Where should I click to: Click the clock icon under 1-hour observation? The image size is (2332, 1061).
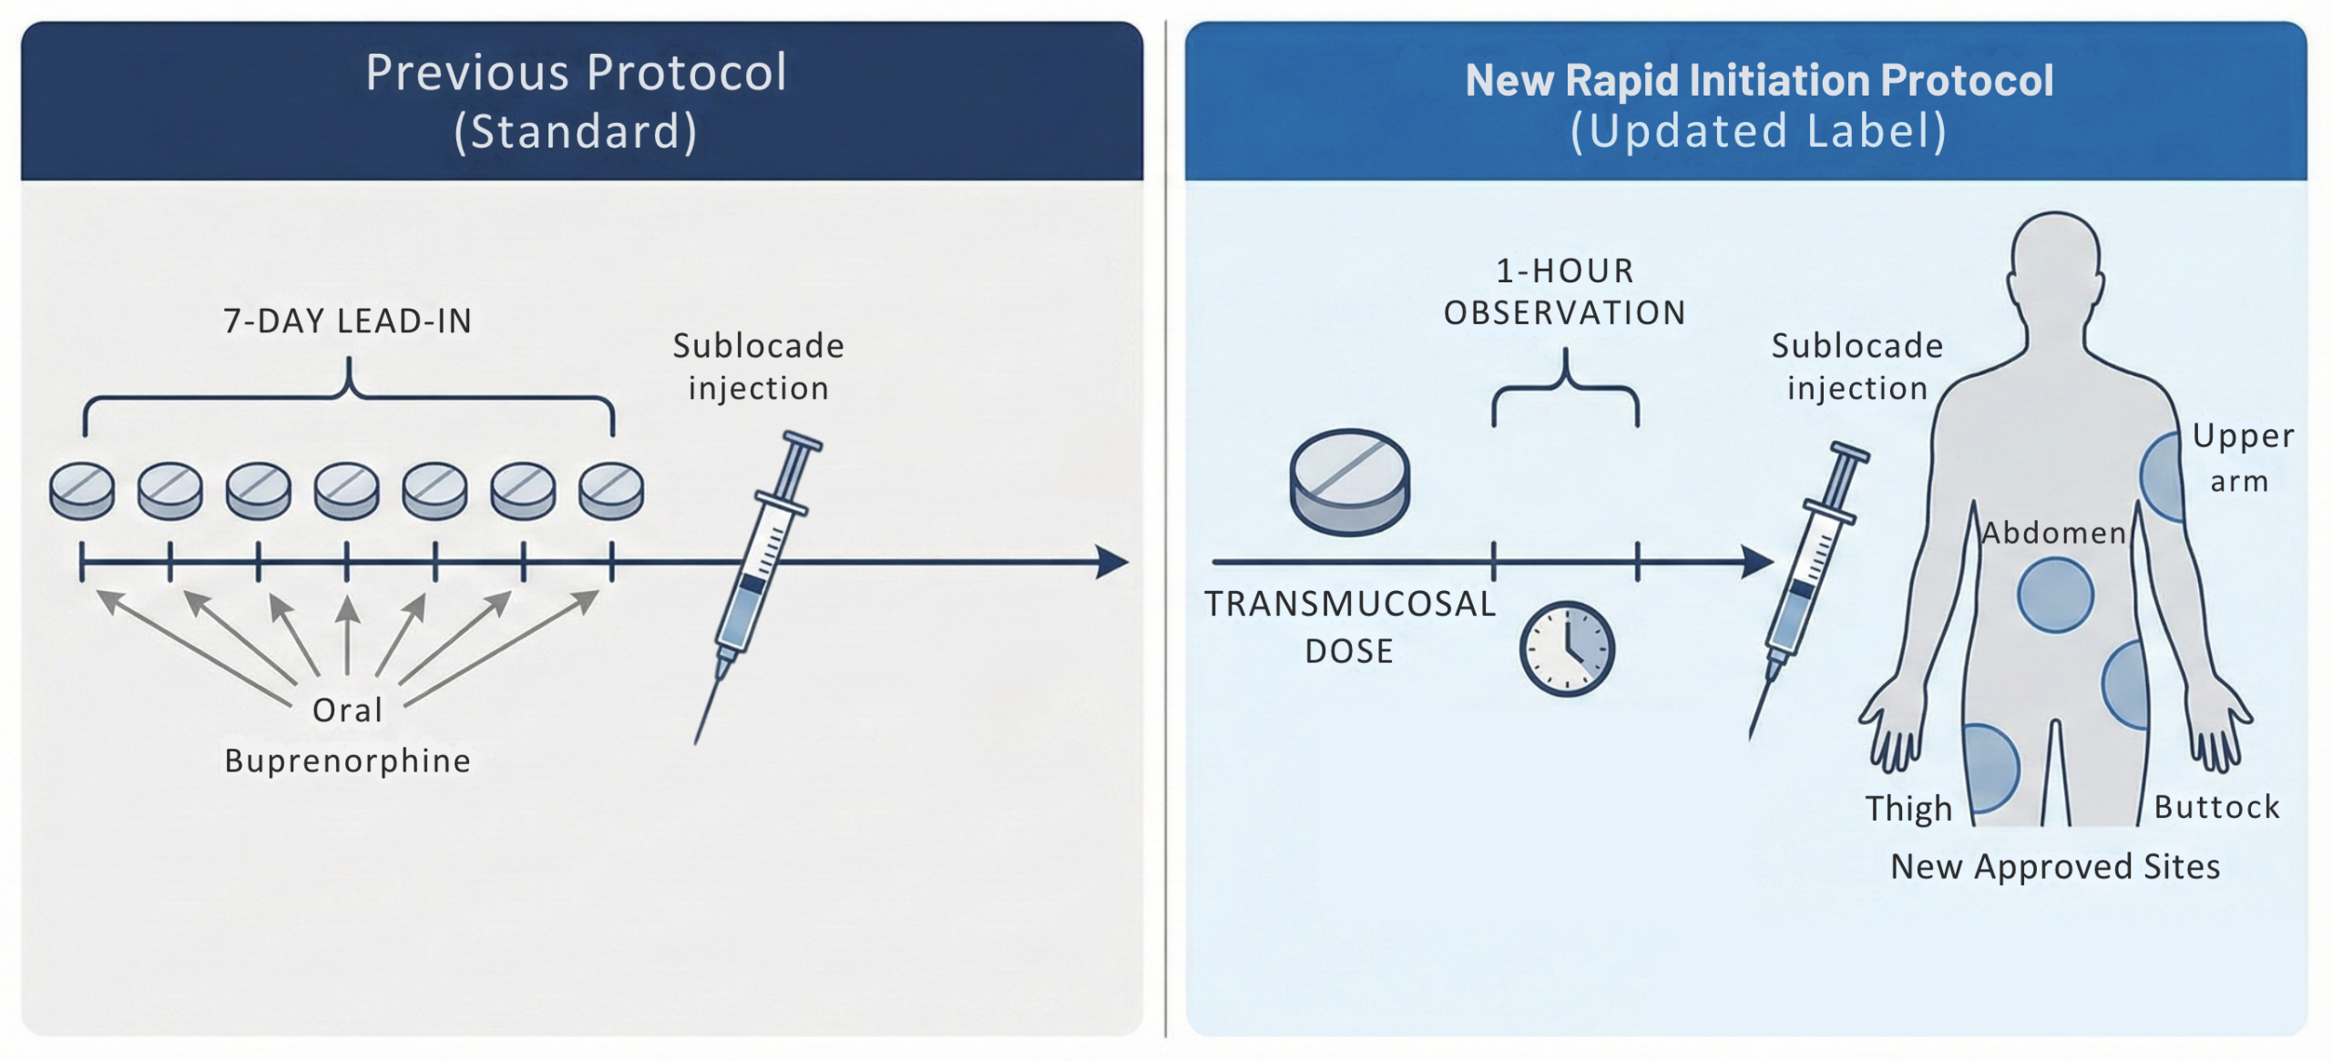pos(1567,648)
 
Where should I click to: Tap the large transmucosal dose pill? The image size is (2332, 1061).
pos(1350,482)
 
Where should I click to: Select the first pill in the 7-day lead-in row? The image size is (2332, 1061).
pos(82,491)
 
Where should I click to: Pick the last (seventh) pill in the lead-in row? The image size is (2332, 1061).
pos(611,491)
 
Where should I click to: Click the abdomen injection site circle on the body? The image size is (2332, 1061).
pos(2055,596)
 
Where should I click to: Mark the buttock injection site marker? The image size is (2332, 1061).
pos(2125,685)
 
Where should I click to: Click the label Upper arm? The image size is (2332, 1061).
pos(2243,457)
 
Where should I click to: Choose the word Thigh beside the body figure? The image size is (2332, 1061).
pos(1908,808)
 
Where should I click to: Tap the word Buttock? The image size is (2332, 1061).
pos(2216,807)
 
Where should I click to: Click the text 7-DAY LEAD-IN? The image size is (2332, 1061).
pos(347,321)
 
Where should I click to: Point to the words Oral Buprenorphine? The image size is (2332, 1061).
pos(347,735)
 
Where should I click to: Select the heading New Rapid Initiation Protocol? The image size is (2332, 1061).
pos(1759,80)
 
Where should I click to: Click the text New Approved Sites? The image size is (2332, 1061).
pos(2055,866)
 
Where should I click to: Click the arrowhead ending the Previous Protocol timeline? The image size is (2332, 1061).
pos(1112,562)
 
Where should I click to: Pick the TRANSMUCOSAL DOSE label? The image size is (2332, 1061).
pos(1349,627)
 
